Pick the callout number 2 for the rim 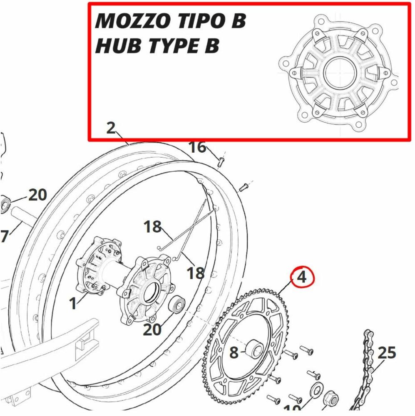click(110, 128)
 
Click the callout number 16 click(198, 147)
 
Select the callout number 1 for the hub click(73, 303)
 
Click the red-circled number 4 click(302, 277)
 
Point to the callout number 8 click(234, 353)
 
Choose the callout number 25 click(387, 353)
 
